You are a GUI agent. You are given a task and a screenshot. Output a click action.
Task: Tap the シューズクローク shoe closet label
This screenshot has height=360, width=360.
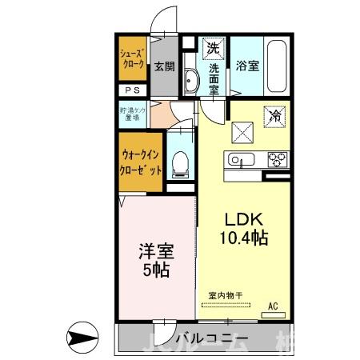tap(132, 59)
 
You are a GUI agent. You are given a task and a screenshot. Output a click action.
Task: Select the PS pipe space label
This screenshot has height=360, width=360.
tap(132, 90)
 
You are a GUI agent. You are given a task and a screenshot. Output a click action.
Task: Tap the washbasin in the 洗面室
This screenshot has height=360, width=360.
tap(191, 81)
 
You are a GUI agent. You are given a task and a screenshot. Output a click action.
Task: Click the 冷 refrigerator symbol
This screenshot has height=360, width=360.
tap(273, 115)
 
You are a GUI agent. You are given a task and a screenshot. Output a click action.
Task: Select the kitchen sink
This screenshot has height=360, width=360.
tap(238, 159)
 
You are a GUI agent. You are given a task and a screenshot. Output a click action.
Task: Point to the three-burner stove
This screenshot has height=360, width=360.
tap(277, 158)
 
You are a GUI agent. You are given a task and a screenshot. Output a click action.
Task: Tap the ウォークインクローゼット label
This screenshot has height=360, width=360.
tap(142, 163)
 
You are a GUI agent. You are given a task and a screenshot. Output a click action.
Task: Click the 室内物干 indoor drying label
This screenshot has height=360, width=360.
tap(224, 295)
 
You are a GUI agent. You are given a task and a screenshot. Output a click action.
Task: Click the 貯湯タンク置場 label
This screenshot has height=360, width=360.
tap(132, 114)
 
